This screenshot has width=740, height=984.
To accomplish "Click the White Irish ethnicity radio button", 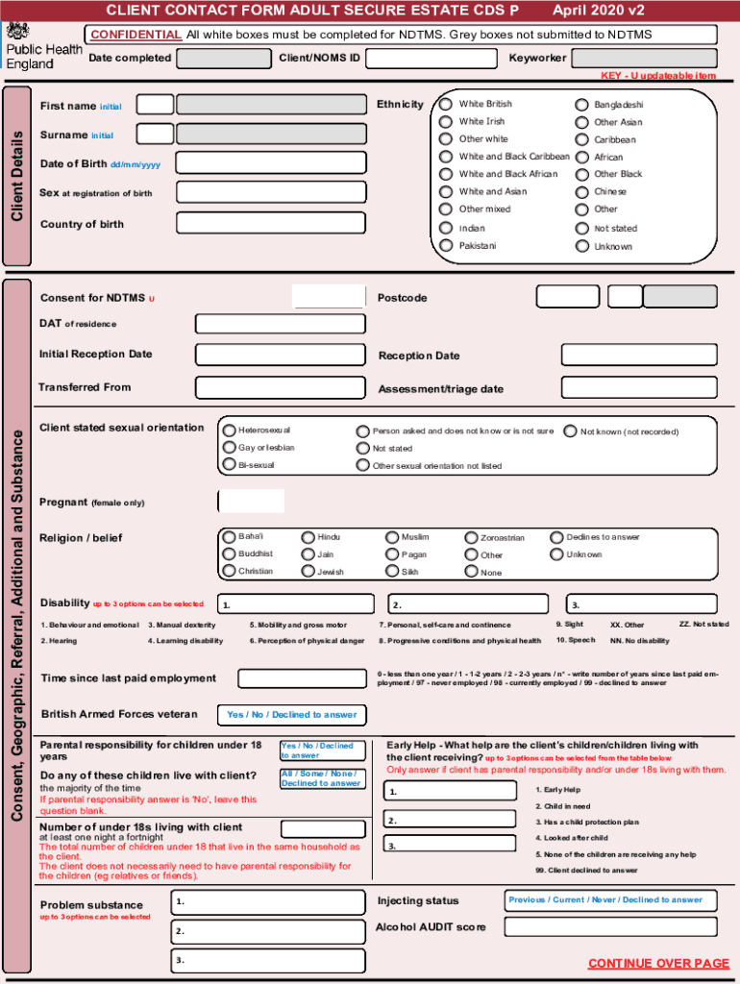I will point(446,122).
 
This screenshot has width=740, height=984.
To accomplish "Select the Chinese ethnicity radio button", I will point(581,192).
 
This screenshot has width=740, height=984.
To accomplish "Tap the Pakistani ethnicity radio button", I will point(446,246).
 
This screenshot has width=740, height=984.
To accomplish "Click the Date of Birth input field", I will point(271,163).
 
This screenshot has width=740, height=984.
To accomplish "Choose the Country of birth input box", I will point(271,223).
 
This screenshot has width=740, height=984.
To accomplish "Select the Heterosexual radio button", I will point(230,430).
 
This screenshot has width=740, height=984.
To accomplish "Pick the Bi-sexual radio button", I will point(230,465).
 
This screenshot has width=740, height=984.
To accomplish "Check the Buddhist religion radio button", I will point(230,554).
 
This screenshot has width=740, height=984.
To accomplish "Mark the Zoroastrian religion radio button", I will point(472,538).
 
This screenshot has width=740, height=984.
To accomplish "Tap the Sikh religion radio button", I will point(393,572).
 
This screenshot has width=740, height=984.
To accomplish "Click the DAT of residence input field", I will point(280,324).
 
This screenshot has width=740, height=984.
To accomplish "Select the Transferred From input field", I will point(280,387).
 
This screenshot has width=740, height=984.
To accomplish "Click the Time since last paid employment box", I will point(302,678).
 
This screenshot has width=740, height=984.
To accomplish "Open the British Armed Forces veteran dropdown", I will point(291,715).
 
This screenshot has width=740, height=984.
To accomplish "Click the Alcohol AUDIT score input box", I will point(610,927).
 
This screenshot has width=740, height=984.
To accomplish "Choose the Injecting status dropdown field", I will point(610,900).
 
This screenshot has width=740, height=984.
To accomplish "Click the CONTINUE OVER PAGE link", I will point(658,964).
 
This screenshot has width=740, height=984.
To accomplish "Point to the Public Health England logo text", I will point(43,57).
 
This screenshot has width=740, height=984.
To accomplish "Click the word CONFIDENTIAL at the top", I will point(136,35).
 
